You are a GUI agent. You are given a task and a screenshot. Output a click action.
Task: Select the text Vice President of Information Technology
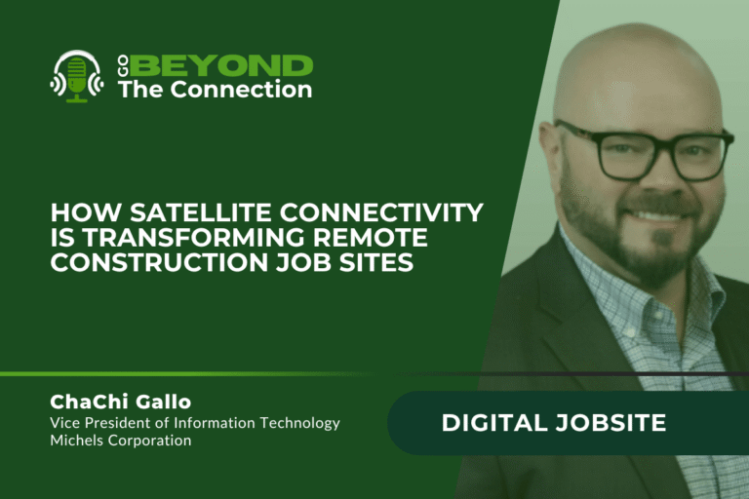(x=194, y=423)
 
